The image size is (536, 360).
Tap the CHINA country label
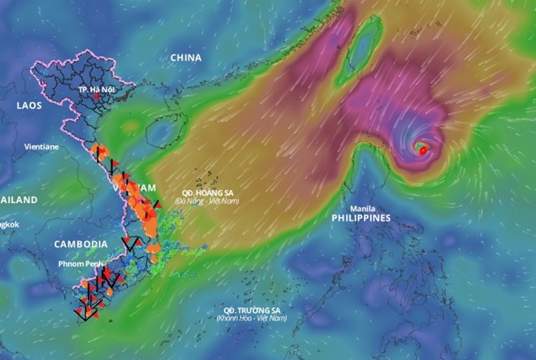(x=186, y=58)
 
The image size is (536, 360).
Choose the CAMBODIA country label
(x=80, y=244)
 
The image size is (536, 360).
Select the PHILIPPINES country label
(x=361, y=218)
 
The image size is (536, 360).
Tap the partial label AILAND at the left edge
(x=18, y=200)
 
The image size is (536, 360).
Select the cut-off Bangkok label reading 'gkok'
(x=8, y=223)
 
